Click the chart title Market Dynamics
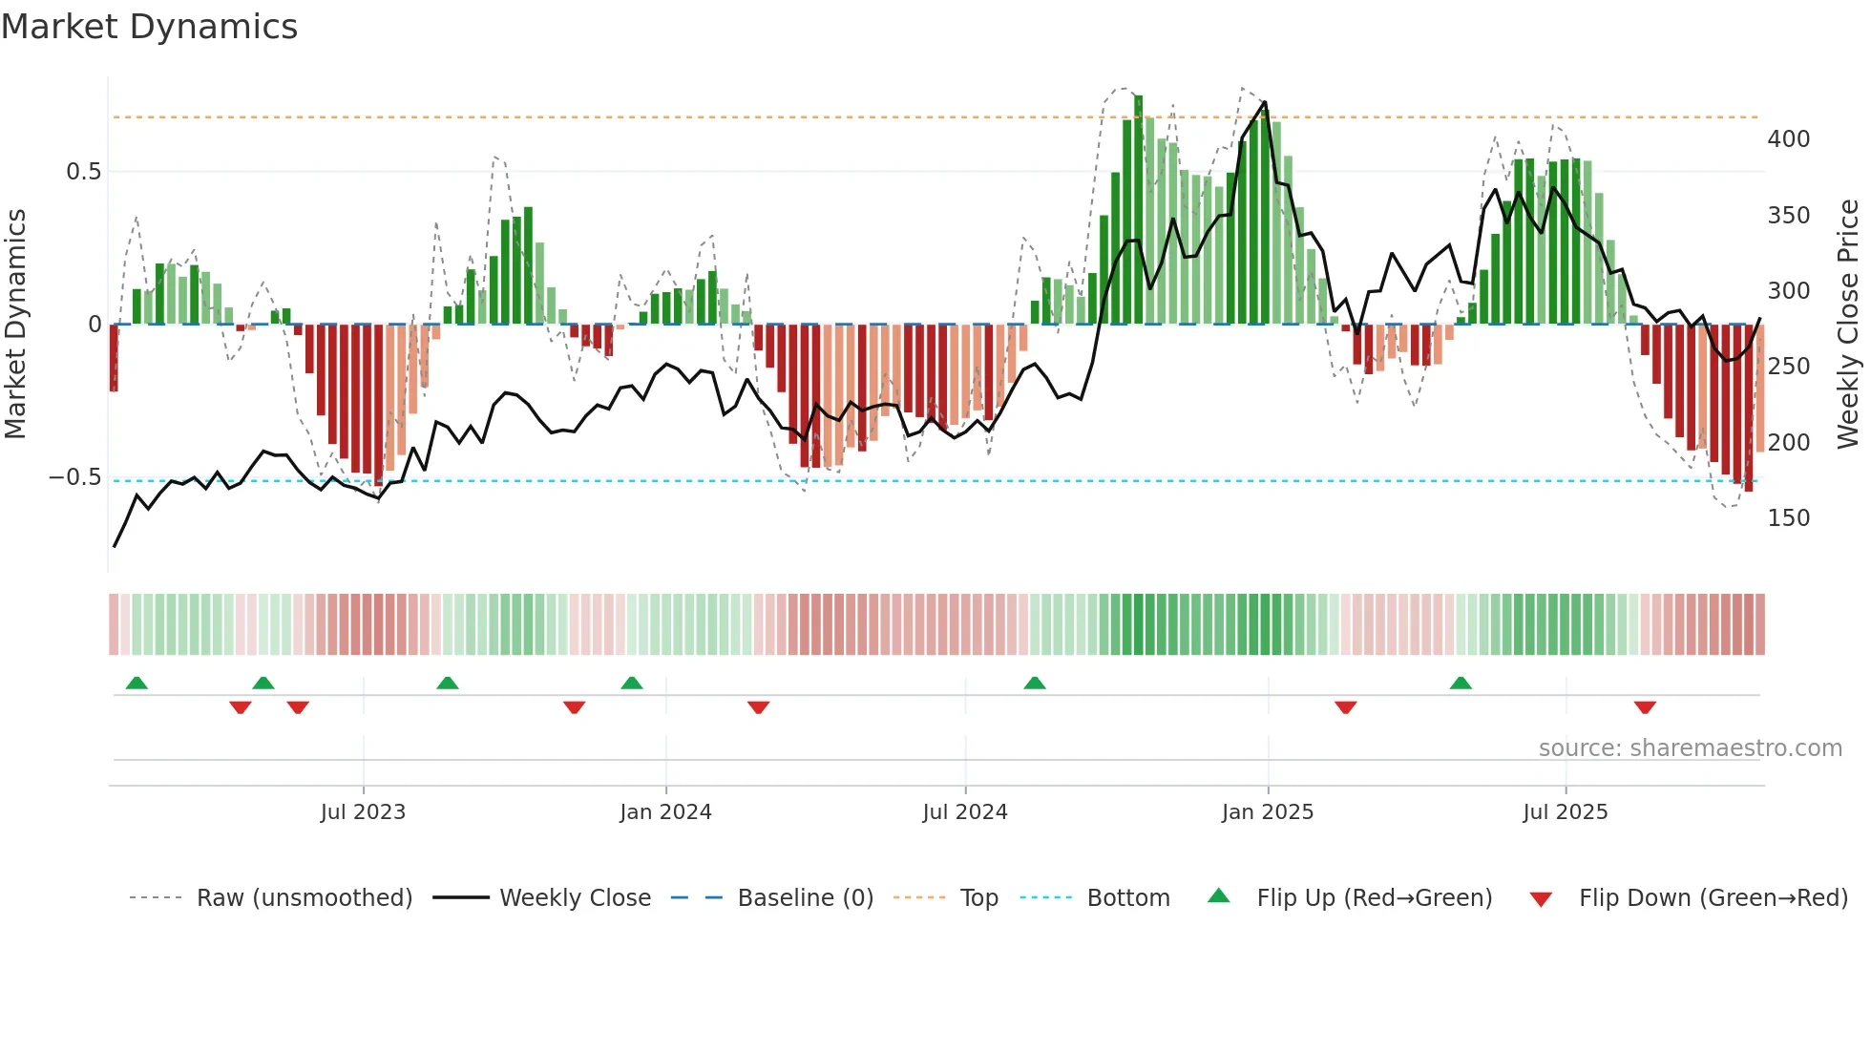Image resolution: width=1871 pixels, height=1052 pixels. tap(149, 27)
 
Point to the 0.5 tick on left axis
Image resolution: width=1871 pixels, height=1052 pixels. tap(83, 172)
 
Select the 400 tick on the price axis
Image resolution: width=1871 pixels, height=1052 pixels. tap(1788, 139)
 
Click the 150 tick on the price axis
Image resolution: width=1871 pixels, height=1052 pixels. tap(1788, 518)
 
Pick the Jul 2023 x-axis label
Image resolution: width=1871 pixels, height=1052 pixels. tap(363, 812)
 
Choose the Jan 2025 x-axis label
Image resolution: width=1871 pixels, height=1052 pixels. tap(1267, 812)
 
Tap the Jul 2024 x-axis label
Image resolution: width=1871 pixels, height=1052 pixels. tap(964, 812)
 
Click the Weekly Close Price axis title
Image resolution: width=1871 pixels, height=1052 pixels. tap(1848, 325)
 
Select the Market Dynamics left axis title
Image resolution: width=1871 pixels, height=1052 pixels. tap(15, 325)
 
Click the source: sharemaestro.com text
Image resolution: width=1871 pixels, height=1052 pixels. tap(1690, 748)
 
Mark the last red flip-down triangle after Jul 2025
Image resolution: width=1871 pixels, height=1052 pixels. tap(1644, 707)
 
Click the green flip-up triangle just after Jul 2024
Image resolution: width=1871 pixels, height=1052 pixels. tap(1034, 683)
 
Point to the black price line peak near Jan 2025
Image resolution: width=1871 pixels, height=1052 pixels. tap(1264, 102)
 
